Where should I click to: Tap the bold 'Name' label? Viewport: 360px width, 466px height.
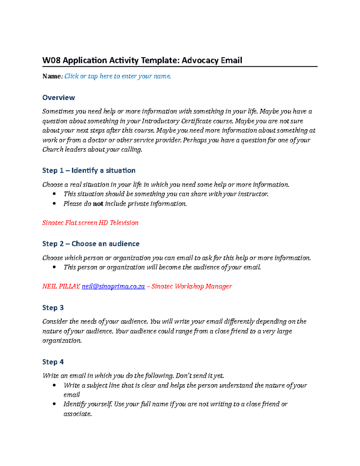51,76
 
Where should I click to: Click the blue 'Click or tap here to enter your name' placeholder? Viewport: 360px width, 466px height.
118,76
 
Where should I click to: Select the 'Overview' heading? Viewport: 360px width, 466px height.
58,98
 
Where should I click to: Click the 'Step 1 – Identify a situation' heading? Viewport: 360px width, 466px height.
89,170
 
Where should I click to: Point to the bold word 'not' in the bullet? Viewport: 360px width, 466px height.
98,204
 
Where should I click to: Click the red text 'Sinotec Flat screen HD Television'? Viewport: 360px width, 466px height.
90,223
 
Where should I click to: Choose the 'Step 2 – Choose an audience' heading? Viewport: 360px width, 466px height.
91,244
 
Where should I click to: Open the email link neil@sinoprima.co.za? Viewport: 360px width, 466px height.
113,286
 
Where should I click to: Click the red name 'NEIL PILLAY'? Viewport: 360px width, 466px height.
61,286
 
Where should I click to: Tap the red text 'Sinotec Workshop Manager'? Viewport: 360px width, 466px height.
191,286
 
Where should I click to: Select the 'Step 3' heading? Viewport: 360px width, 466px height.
53,308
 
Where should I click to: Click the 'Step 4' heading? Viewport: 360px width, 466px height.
53,362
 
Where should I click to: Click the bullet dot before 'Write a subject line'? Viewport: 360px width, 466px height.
54,385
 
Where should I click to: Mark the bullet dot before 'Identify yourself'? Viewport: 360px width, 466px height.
54,404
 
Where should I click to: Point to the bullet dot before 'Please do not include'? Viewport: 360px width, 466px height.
54,203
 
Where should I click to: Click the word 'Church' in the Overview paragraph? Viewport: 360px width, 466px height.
53,149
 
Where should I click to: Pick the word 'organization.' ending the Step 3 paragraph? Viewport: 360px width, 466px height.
62,341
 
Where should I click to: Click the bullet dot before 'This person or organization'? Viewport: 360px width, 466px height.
54,267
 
